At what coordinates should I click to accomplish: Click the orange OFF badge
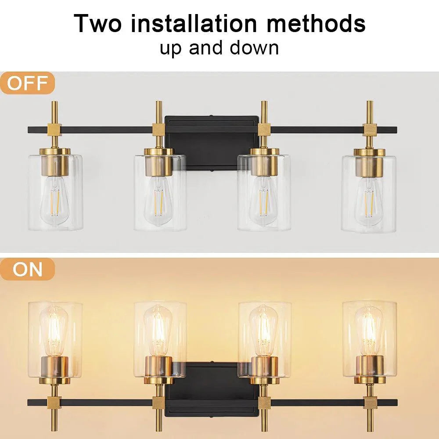[27, 83]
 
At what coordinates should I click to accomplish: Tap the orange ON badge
[27, 269]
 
